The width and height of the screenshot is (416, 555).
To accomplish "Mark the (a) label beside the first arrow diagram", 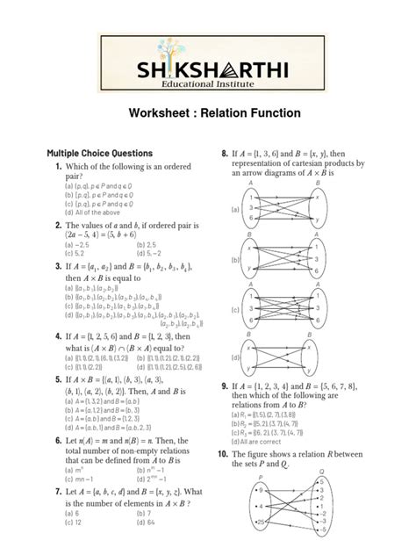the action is pos(235,211).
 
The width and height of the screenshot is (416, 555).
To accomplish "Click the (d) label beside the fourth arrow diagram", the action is pos(235,358).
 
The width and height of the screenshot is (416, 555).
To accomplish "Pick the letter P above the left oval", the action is pos(262,474).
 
